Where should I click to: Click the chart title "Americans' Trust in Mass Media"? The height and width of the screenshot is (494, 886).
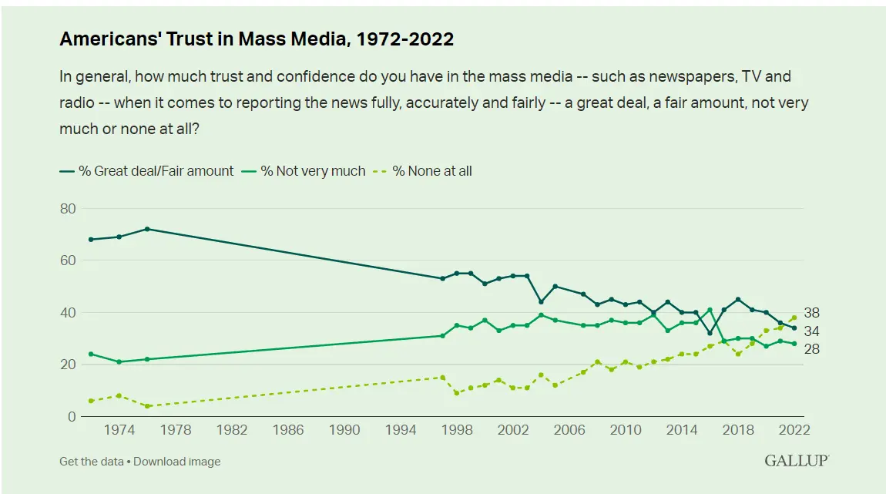coord(257,39)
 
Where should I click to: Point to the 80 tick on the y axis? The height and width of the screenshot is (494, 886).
coord(68,208)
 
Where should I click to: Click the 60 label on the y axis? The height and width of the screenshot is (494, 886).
coord(68,260)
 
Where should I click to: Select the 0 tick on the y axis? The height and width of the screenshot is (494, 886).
coord(72,417)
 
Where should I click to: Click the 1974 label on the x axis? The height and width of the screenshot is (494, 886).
coord(119,430)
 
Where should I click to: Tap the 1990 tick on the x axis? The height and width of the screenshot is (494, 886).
coord(344,430)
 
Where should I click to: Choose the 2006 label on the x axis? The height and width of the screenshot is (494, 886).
coord(569,430)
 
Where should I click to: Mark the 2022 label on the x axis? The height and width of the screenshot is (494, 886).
coord(794,430)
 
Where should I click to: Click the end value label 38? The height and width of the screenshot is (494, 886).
coord(812,313)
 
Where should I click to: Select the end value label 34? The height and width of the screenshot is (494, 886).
coord(812,331)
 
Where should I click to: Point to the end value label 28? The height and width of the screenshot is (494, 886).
coord(812,349)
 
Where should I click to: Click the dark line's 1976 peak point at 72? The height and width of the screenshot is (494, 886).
coord(147,229)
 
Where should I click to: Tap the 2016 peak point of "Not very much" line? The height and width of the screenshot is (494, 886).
coord(710,310)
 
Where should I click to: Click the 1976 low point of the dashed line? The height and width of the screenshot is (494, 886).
coord(147,406)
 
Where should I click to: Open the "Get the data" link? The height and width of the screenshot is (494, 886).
coord(94,462)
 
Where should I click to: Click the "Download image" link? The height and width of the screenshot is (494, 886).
coord(179,462)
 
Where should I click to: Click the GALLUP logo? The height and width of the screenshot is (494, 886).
coord(796,461)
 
